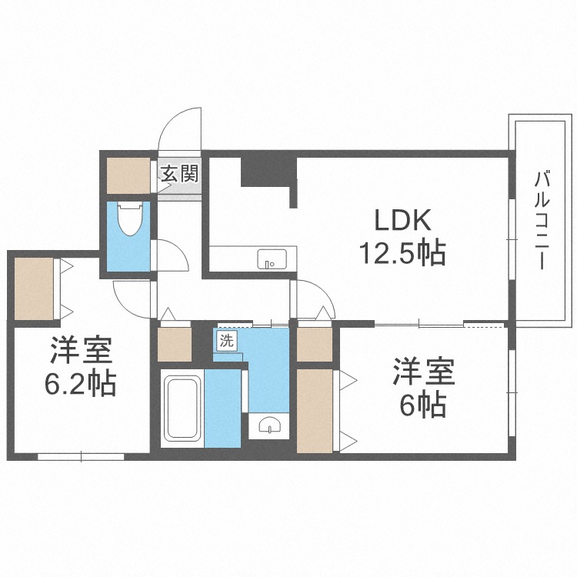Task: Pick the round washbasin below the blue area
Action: pos(270,425)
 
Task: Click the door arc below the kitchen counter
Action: pos(314,295)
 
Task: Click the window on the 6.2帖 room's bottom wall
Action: pos(82,455)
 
